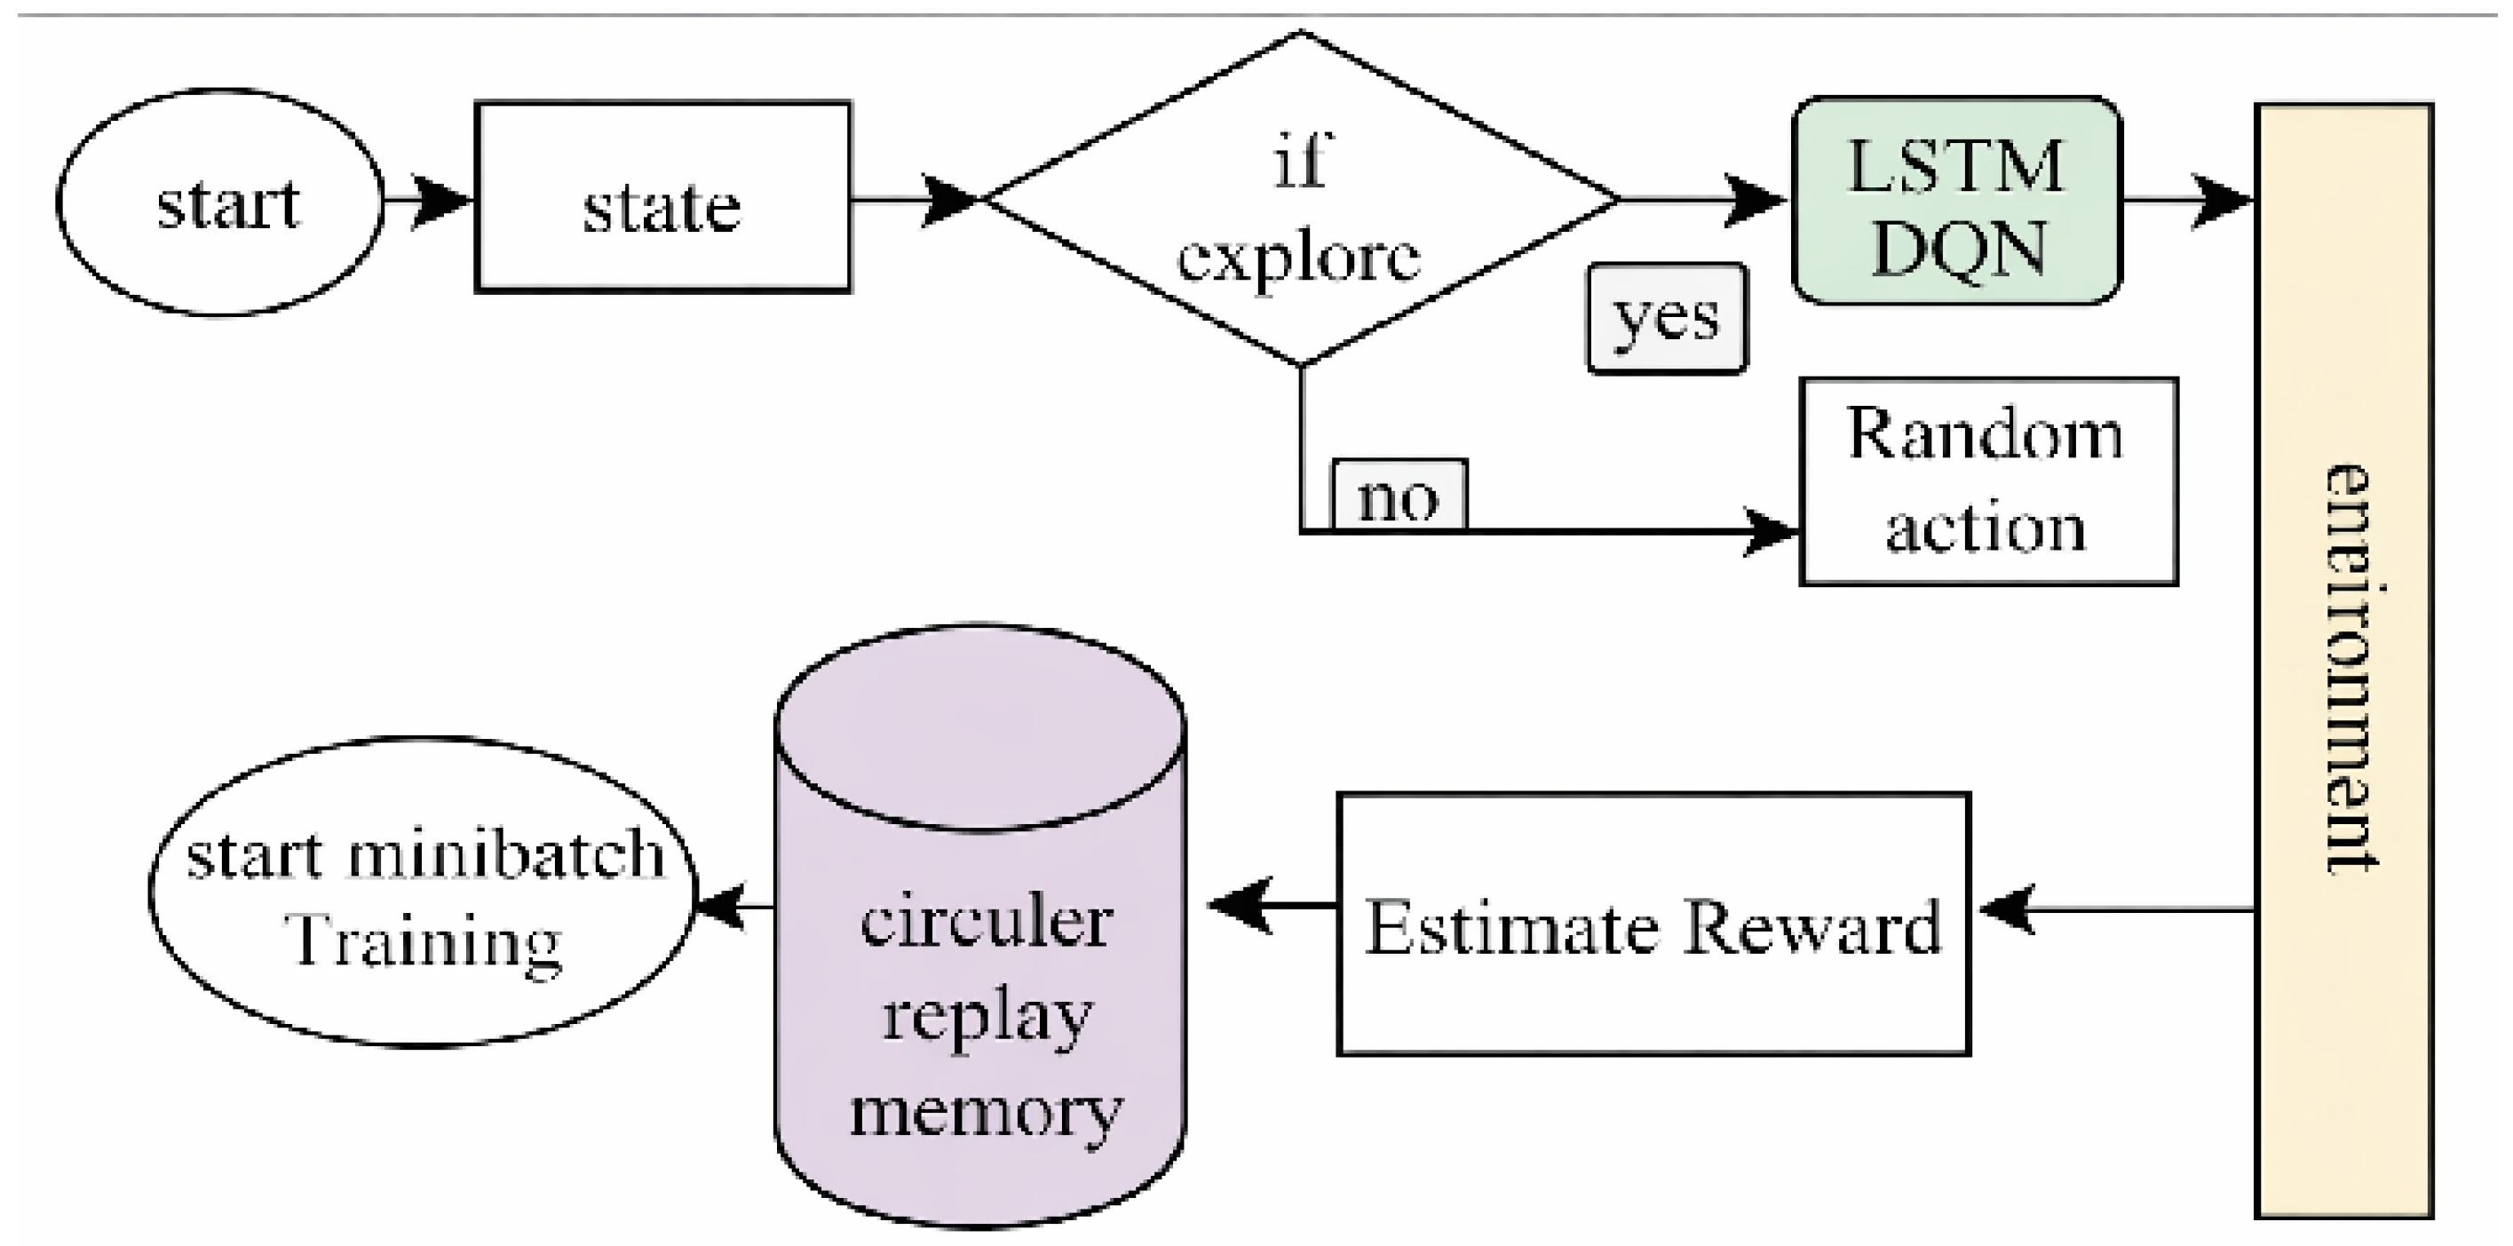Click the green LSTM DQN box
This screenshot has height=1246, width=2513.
pyautogui.click(x=1958, y=201)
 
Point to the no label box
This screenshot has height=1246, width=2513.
pyautogui.click(x=1399, y=495)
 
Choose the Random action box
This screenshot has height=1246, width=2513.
pyautogui.click(x=1988, y=482)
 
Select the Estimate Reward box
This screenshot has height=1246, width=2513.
pyautogui.click(x=1653, y=924)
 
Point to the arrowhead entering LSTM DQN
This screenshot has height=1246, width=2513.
pyautogui.click(x=1756, y=201)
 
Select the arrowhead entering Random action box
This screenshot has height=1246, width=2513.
pyautogui.click(x=1771, y=532)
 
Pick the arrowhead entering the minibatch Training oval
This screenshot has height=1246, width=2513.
pyautogui.click(x=720, y=906)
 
